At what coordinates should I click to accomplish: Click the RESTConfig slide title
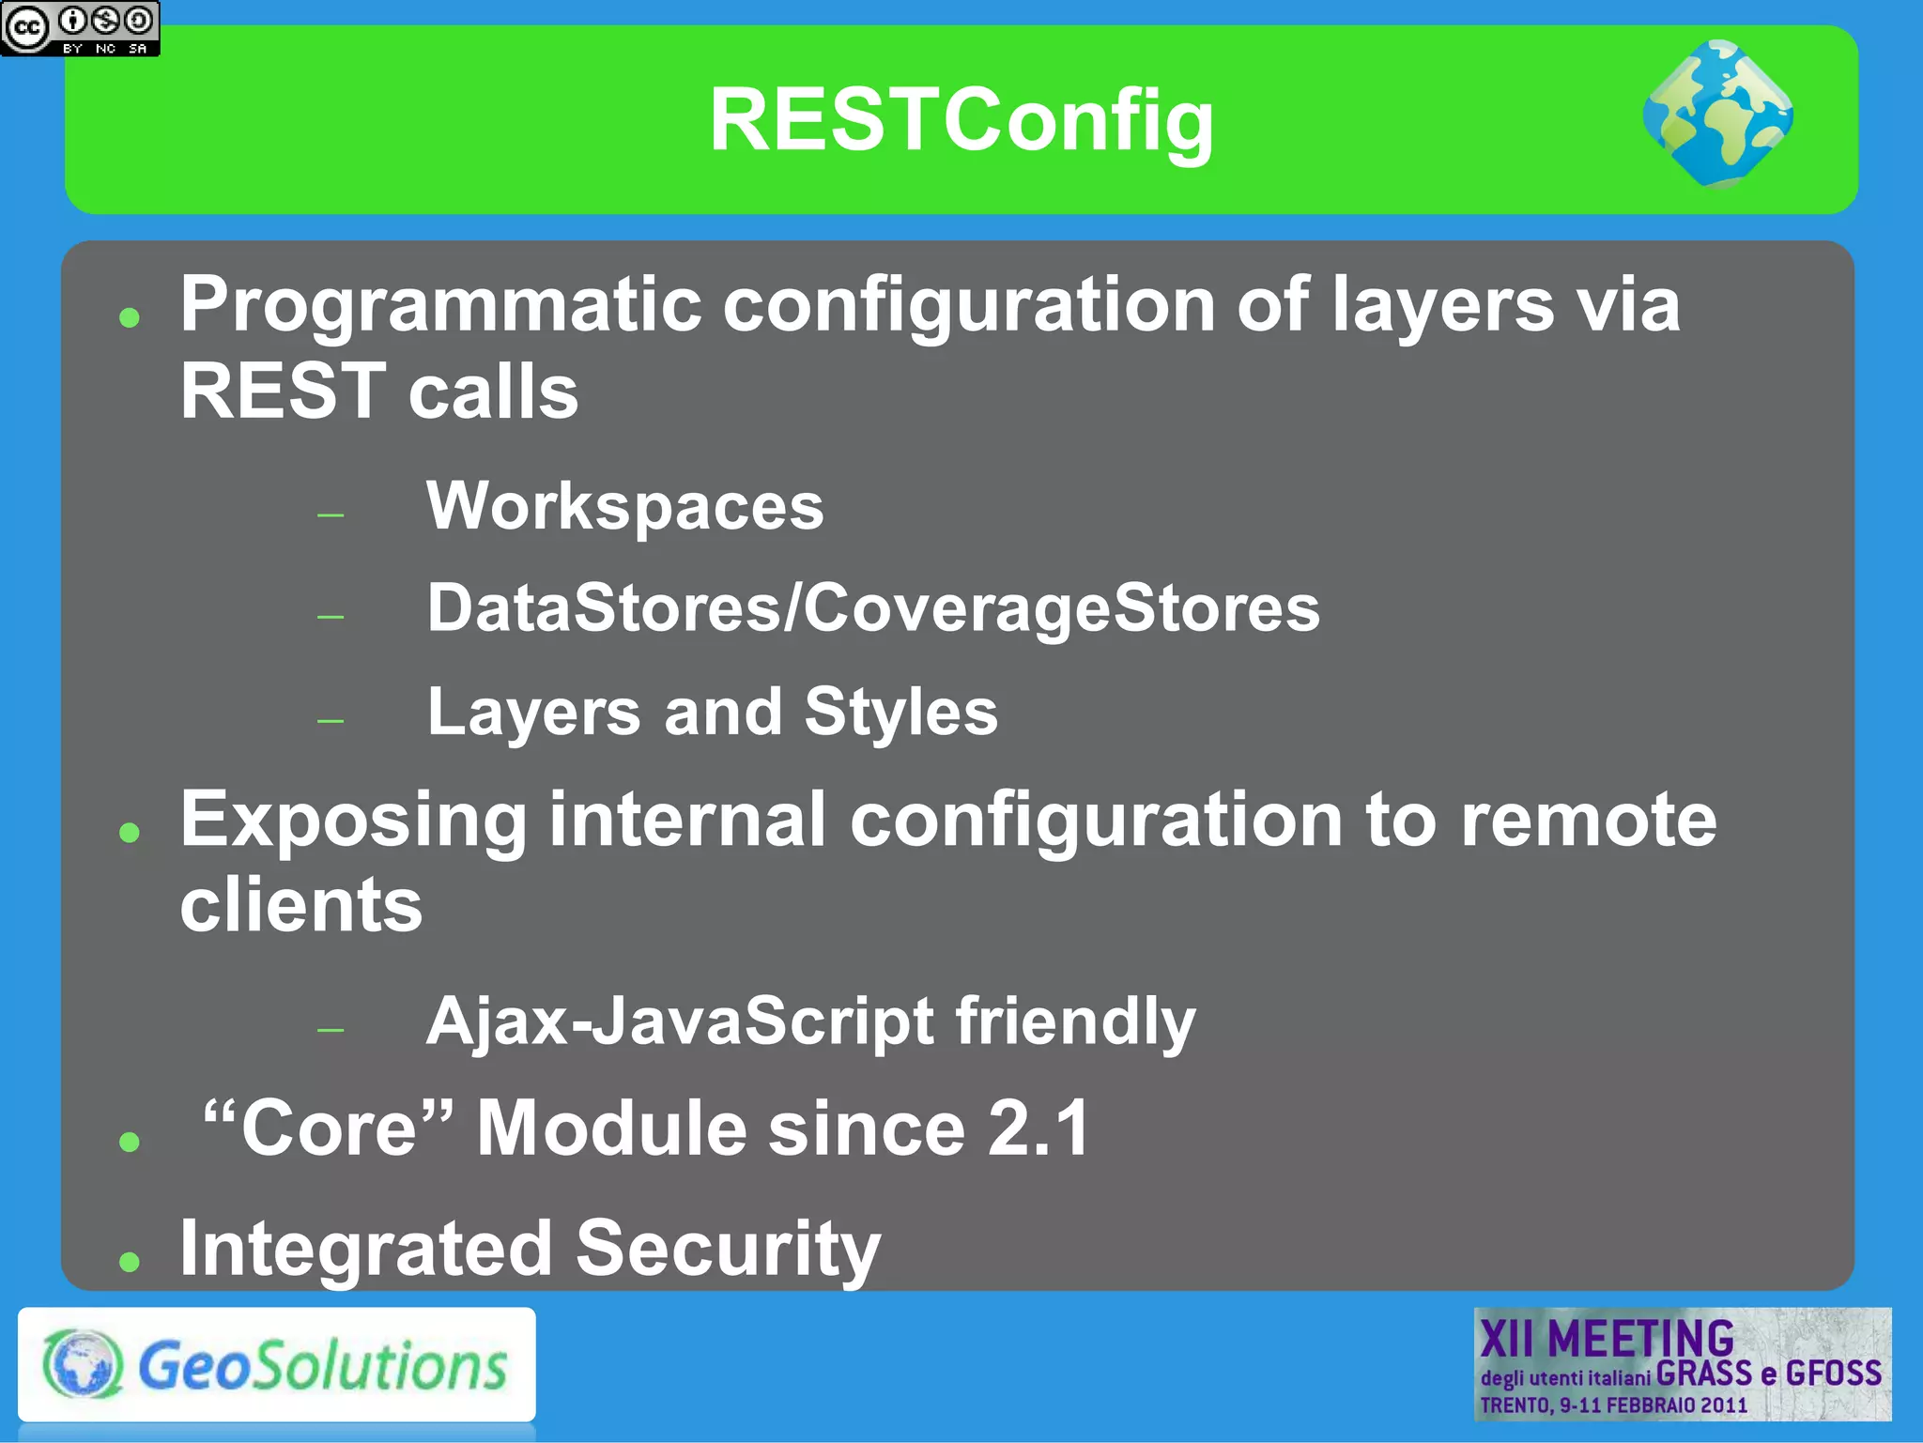(x=961, y=120)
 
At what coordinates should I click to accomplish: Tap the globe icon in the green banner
(x=1718, y=115)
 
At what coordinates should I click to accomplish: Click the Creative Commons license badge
(x=80, y=28)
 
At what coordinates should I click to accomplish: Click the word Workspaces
(x=625, y=507)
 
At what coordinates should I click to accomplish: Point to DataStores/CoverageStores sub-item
(x=873, y=608)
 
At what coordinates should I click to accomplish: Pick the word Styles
(x=900, y=712)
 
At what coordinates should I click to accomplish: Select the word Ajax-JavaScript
(x=680, y=1021)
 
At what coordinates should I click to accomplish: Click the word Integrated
(x=366, y=1250)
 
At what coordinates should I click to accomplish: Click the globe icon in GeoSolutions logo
(x=83, y=1364)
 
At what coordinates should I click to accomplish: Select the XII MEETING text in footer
(x=1607, y=1339)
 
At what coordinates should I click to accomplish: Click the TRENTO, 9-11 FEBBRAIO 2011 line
(x=1613, y=1405)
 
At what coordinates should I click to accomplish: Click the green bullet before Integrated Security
(x=130, y=1262)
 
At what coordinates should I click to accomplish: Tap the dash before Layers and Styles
(x=331, y=721)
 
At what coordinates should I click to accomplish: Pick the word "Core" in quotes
(x=328, y=1128)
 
